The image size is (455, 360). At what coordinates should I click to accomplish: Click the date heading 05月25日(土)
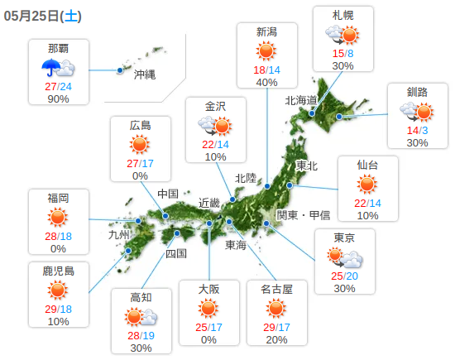point(42,16)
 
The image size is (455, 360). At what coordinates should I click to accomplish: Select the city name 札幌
point(343,16)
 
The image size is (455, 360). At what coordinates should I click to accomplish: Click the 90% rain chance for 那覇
point(59,98)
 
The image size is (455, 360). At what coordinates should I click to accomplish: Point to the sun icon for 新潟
point(267,51)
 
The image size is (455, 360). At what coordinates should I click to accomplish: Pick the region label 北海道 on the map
point(301,100)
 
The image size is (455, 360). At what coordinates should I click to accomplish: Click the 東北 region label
point(307,165)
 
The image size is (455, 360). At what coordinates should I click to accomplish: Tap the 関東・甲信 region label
point(303,214)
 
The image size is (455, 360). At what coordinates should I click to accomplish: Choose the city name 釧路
point(417,92)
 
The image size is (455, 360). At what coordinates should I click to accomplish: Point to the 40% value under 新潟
point(267,82)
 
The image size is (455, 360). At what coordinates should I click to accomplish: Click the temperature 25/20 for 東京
point(344,275)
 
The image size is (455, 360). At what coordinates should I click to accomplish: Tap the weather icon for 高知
point(141,317)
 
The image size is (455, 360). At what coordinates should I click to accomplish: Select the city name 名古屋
point(277,288)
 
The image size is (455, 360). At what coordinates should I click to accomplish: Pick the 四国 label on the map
point(176,253)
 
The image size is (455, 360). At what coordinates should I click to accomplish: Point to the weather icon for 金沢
point(215,125)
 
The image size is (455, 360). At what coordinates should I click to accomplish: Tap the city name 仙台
point(368,164)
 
